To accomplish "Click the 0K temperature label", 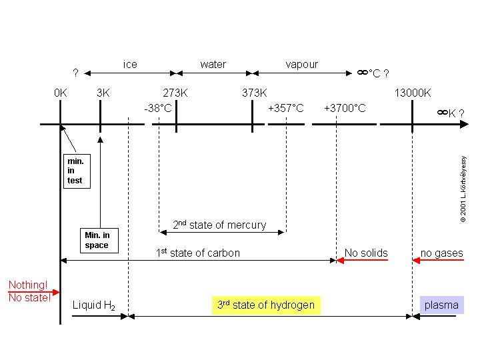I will point(61,93).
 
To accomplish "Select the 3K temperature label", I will point(103,93).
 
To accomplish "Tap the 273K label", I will point(175,93).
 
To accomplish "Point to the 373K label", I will point(254,93).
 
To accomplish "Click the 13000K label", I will point(413,93).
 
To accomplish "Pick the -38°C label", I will point(158,108).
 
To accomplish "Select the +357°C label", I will point(286,108).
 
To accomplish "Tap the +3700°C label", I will point(345,108).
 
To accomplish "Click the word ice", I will point(130,65).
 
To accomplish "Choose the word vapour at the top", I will point(301,65).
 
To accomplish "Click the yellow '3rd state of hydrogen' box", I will point(266,305).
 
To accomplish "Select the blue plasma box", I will point(441,305).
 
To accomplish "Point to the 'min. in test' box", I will point(75,171).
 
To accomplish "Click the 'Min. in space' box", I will point(97,240).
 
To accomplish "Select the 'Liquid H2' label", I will point(94,305).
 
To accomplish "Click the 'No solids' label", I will point(366,253).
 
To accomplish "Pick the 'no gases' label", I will point(441,253).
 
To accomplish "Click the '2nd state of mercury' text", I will point(219,225).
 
